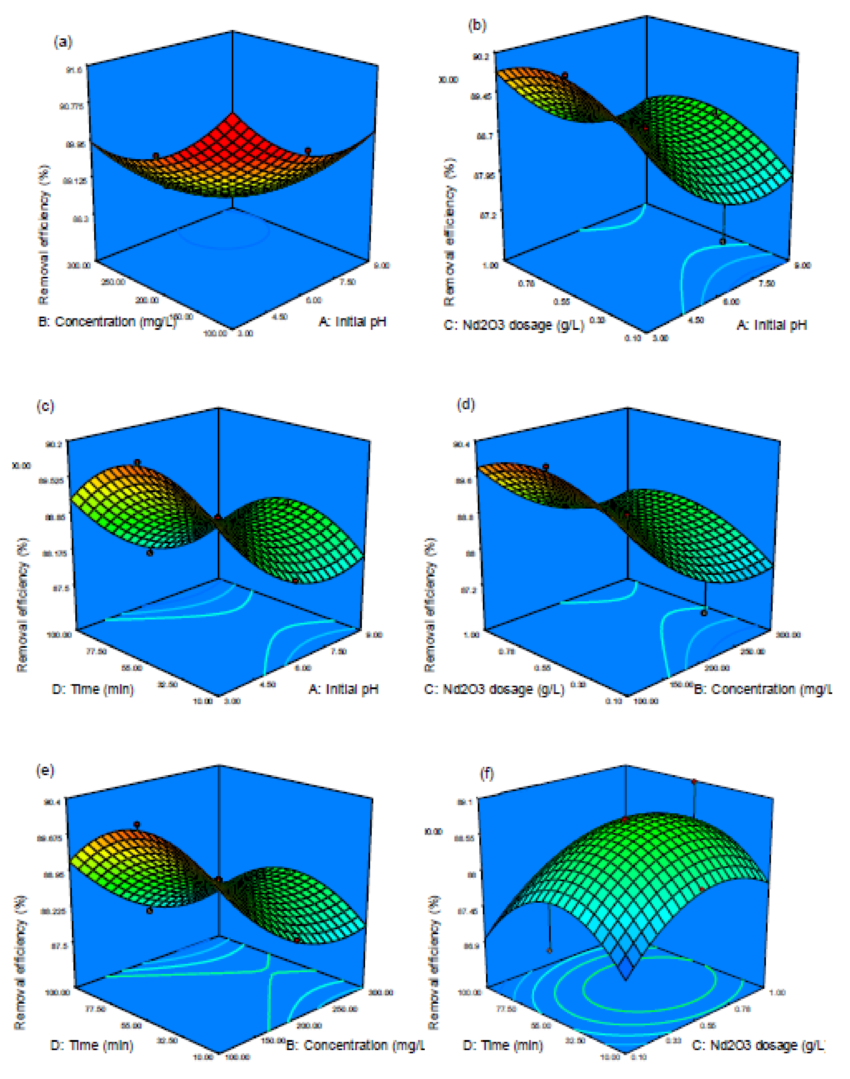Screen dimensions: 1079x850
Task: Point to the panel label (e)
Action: [45, 770]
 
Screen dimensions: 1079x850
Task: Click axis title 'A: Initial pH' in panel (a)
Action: [352, 321]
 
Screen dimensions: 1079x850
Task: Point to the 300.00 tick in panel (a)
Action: [79, 265]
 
